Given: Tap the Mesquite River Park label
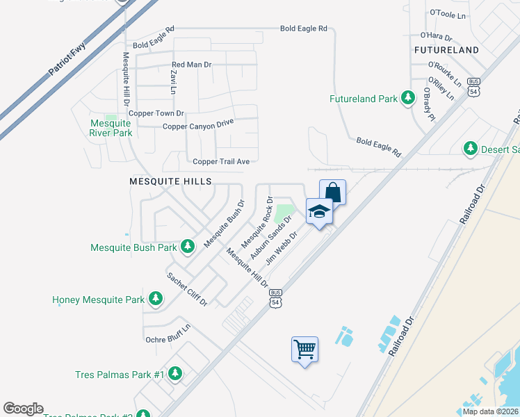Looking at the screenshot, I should pyautogui.click(x=111, y=128).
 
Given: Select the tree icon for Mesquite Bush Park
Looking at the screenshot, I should pyautogui.click(x=187, y=247).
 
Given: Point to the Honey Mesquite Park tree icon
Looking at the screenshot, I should pyautogui.click(x=156, y=300).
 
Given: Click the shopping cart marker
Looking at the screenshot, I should pyautogui.click(x=304, y=349).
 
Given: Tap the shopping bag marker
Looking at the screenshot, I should pyautogui.click(x=333, y=192).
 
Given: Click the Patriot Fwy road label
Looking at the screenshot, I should pyautogui.click(x=67, y=61).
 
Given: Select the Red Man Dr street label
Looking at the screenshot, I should pyautogui.click(x=191, y=65).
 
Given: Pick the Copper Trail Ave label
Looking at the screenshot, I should pyautogui.click(x=221, y=162).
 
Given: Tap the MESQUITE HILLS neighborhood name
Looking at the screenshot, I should pyautogui.click(x=170, y=181).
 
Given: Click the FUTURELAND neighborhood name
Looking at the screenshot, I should pyautogui.click(x=446, y=50).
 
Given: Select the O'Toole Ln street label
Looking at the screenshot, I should pyautogui.click(x=446, y=13).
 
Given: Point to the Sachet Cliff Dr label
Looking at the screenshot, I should pyautogui.click(x=187, y=289).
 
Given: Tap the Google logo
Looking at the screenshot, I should pyautogui.click(x=23, y=409).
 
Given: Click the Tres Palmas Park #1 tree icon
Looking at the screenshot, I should pyautogui.click(x=175, y=374).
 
